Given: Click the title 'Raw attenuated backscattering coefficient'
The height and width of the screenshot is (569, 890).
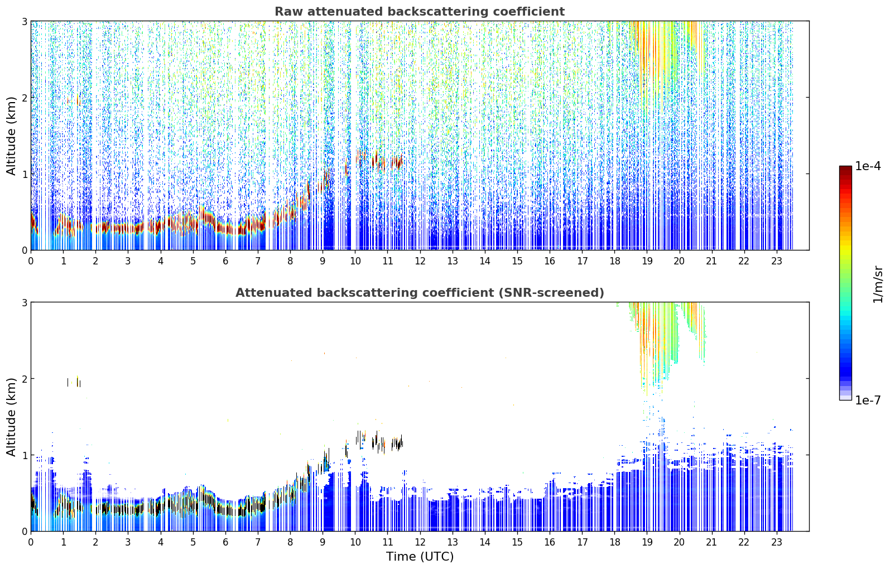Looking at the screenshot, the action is point(420,12).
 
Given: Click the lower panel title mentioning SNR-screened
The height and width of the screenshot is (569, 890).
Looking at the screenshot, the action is point(420,292).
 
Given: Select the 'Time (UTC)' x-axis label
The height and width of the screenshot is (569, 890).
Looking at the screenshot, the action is point(420,557).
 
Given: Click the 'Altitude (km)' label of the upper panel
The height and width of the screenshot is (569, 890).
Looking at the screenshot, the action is point(11,136).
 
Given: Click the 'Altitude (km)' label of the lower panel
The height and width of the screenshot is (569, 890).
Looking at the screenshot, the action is point(11,417).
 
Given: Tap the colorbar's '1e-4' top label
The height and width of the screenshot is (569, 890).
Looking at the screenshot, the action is point(868,166).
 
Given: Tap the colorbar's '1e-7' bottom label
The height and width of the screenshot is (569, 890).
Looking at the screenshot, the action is point(868,400).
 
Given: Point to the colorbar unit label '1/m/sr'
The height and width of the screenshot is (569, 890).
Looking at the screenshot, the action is point(878,284).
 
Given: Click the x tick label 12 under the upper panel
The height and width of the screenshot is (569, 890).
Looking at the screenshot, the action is point(420,261).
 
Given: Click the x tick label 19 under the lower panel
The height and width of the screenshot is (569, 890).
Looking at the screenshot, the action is point(647,542).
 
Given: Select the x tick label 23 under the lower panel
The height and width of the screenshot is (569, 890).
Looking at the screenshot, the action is point(776,542).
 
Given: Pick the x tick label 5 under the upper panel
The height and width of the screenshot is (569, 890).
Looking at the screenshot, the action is point(193,261).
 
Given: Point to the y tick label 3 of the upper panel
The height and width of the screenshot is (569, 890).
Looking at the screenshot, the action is point(24,21).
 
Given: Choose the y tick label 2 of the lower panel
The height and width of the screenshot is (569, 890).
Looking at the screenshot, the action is point(24,379).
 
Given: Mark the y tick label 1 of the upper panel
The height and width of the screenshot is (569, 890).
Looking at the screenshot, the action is point(24,174).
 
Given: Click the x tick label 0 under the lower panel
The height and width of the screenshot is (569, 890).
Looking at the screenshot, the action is point(31,542).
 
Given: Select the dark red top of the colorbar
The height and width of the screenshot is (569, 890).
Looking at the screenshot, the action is point(845,168).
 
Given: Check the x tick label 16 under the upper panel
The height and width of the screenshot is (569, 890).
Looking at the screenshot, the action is point(550,261).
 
